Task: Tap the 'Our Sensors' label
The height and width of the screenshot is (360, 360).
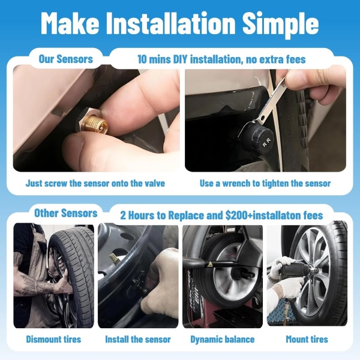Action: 66,59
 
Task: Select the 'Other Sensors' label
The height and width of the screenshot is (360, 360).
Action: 66,213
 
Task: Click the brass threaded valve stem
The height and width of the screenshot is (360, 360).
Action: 95,124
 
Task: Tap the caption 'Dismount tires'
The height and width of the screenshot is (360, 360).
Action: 53,339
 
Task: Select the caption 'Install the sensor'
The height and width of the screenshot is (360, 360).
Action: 138,339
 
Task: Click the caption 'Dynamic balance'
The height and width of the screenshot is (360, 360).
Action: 223,340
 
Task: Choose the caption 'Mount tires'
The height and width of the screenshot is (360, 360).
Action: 307,339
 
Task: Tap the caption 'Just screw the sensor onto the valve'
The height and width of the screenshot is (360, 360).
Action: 95,183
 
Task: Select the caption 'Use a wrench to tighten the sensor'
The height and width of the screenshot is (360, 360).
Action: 265,183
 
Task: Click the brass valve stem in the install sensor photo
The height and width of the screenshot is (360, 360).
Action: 114,258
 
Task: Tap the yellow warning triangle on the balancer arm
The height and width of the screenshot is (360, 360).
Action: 209,265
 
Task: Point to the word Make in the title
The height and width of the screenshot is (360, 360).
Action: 70,23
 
